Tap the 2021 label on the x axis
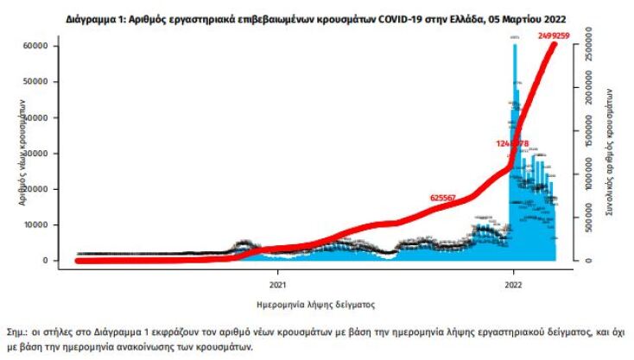click(x=278, y=282)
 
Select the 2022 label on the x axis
click(x=513, y=282)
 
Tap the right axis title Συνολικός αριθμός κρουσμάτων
click(x=610, y=152)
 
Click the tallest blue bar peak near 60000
click(x=515, y=45)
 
